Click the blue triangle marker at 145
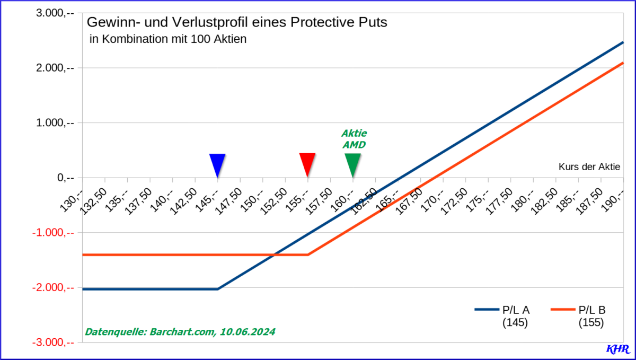click(x=217, y=164)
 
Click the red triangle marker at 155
click(x=307, y=163)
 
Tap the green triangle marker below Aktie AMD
click(x=352, y=164)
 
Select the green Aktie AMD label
click(x=354, y=138)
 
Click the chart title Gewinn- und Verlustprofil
click(x=236, y=23)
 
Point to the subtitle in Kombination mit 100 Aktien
click(x=169, y=39)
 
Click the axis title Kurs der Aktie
click(x=589, y=166)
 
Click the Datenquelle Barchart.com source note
click(x=180, y=332)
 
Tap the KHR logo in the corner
click(x=617, y=349)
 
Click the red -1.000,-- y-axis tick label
click(x=56, y=233)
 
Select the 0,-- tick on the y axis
click(x=66, y=178)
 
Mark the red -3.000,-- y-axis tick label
click(x=56, y=343)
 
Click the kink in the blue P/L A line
click(x=218, y=289)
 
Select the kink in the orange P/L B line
click(x=308, y=255)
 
